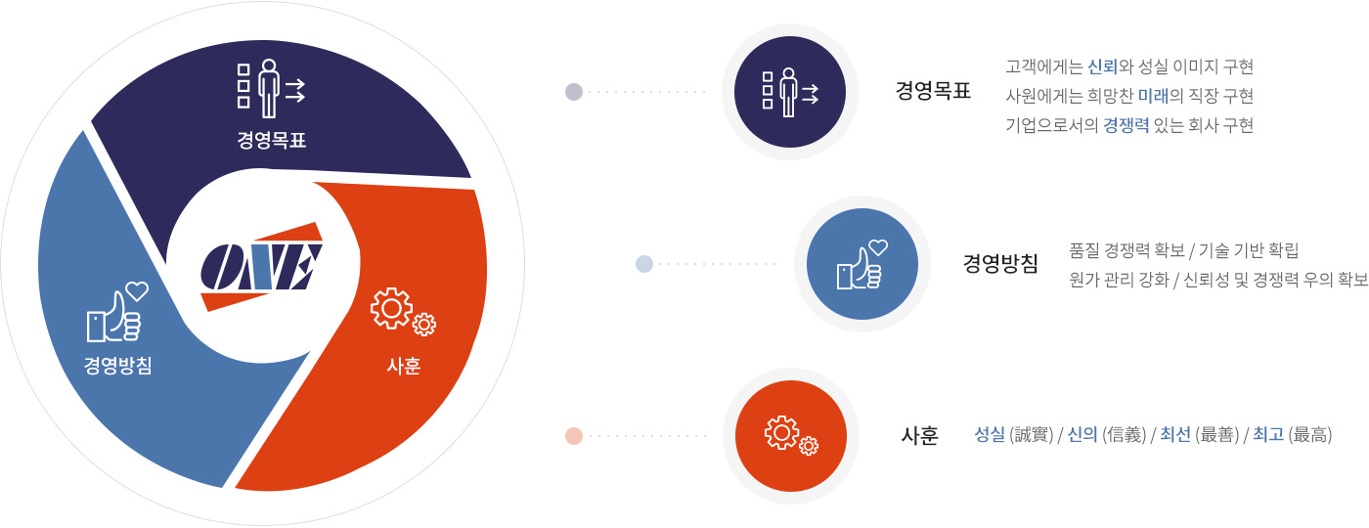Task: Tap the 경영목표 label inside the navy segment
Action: point(272,140)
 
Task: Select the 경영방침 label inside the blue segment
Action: point(118,365)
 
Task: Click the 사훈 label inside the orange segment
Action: point(403,366)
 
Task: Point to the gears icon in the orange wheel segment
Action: point(403,312)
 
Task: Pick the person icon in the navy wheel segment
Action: point(271,89)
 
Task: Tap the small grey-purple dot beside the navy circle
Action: point(574,92)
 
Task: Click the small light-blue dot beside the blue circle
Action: point(644,264)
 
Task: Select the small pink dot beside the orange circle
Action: point(574,436)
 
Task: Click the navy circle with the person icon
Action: point(790,92)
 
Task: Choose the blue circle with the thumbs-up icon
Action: point(861,264)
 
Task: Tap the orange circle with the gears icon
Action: point(791,436)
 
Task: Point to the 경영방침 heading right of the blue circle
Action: point(1000,263)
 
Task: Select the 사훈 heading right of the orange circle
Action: point(920,436)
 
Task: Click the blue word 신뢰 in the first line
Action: point(1103,66)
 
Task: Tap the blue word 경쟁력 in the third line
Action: point(1126,125)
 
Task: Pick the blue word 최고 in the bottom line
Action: point(1268,434)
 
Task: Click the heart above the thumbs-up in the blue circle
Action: point(878,246)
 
